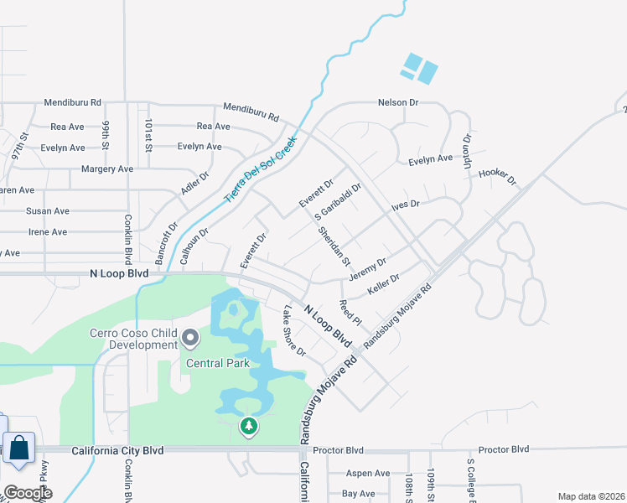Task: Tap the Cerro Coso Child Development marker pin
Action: (x=190, y=339)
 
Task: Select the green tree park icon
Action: (x=248, y=427)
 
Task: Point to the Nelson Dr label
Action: (x=398, y=102)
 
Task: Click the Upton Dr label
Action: (x=468, y=151)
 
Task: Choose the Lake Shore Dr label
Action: (x=293, y=330)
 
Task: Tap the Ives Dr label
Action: (x=404, y=204)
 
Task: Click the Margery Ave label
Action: (x=107, y=169)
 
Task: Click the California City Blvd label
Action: (x=117, y=450)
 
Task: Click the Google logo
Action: (x=28, y=493)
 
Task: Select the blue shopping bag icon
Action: (x=19, y=449)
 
